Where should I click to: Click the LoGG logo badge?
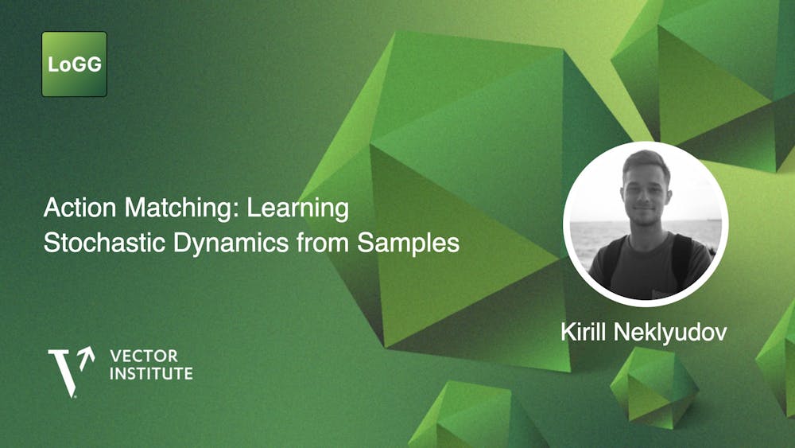point(74,64)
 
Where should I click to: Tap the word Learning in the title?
point(298,208)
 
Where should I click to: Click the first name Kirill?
point(586,332)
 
